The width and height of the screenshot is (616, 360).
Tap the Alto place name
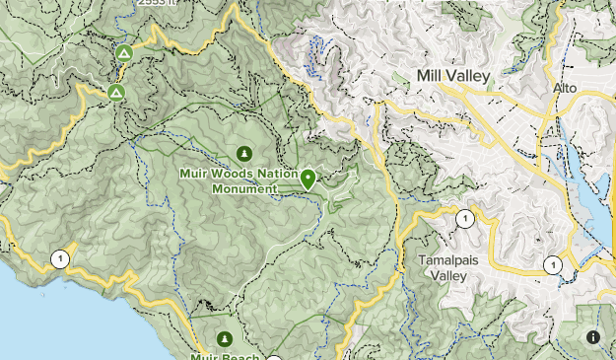point(564,89)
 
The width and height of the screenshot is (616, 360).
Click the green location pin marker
point(308,179)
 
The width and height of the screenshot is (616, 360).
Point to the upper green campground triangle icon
point(123,53)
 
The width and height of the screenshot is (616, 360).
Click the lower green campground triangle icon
point(116,93)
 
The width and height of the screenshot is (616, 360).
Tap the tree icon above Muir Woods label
point(244,153)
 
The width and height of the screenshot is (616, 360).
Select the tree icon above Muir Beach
point(225,338)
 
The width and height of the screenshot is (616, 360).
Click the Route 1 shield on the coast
point(61,259)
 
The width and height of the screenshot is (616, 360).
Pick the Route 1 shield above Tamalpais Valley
point(463,219)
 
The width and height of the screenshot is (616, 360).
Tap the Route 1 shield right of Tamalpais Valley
point(554,264)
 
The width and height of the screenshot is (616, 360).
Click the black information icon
point(592,337)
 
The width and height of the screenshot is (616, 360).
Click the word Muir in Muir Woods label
point(194,174)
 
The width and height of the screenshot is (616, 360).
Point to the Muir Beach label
point(224,356)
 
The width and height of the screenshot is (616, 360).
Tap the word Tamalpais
point(448,259)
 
